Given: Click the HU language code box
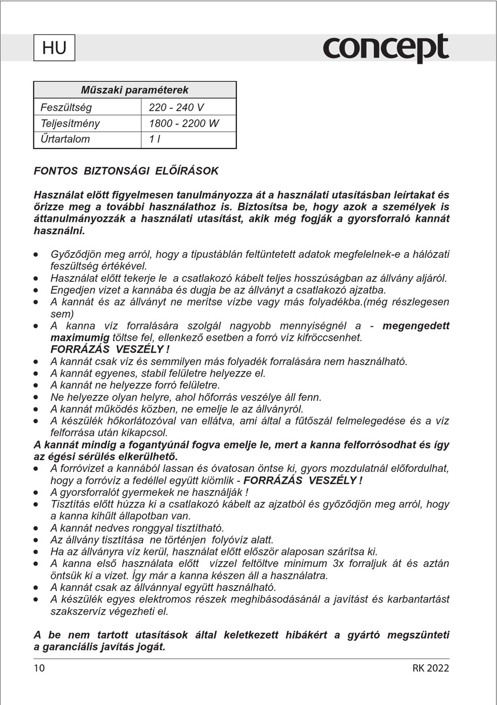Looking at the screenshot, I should click(54, 48).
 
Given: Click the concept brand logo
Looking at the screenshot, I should click(386, 48).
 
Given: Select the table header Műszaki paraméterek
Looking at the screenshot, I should click(134, 90).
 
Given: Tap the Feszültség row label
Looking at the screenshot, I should click(66, 107).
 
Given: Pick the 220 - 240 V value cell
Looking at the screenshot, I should click(176, 107).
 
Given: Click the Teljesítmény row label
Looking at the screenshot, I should click(70, 123).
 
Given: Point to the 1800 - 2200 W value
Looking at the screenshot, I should click(184, 123).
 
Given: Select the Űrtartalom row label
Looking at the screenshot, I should click(65, 139).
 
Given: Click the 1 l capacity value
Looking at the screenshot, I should click(154, 139).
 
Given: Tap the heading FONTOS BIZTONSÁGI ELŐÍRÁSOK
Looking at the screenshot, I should click(126, 171).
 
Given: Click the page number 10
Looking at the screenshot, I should click(39, 668).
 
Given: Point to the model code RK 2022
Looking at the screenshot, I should click(431, 668).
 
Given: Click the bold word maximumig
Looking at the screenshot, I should click(80, 337).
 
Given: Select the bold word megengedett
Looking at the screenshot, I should click(416, 326).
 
